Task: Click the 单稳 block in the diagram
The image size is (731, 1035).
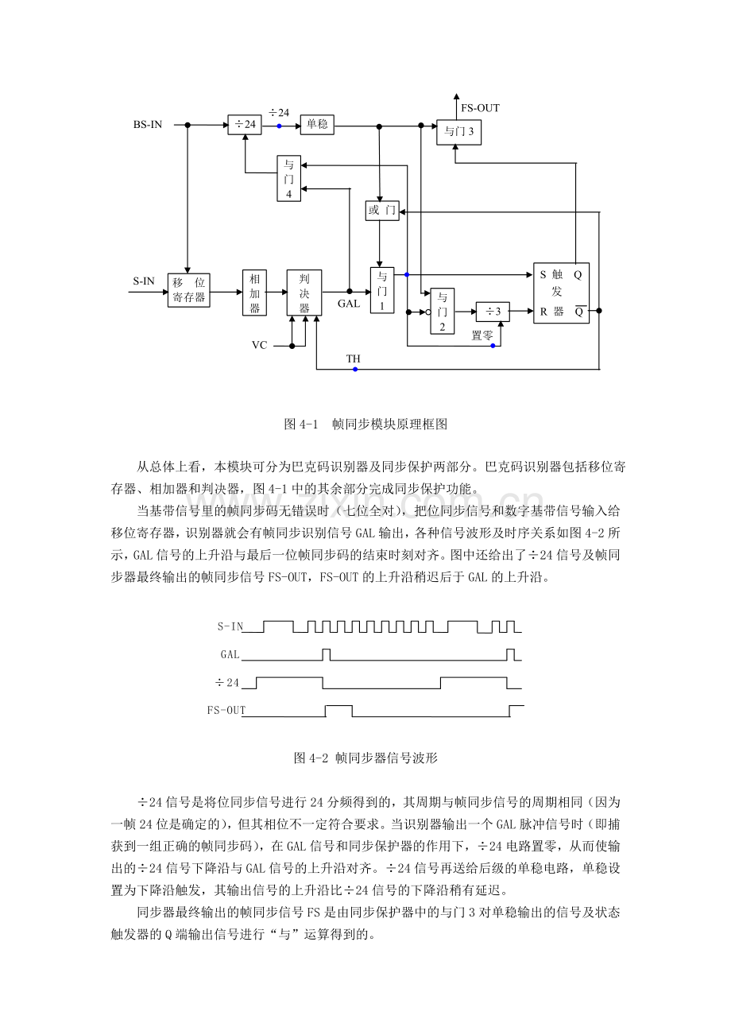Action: pos(316,125)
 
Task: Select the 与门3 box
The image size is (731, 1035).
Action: pos(458,132)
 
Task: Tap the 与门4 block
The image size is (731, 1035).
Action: pos(288,179)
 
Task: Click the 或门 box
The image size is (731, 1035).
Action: pos(382,211)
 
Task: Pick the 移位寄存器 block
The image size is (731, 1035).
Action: pos(189,290)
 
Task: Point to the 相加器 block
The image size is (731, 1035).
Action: pos(254,293)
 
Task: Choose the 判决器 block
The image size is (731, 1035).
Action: pos(304,293)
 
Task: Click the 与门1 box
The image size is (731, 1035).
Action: pos(381,290)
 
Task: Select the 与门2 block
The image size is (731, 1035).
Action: pos(443,311)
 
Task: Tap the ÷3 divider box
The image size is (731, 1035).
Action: pos(493,311)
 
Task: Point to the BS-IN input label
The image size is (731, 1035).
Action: pos(148,125)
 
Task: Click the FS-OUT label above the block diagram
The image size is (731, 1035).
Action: pos(480,108)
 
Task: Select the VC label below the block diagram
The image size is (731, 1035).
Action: pos(259,345)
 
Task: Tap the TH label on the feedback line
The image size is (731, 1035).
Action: pos(353,359)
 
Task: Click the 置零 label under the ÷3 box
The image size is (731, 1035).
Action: pos(482,335)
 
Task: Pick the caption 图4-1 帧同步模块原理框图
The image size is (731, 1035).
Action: pos(365,424)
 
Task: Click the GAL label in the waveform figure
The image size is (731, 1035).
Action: pos(230,654)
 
